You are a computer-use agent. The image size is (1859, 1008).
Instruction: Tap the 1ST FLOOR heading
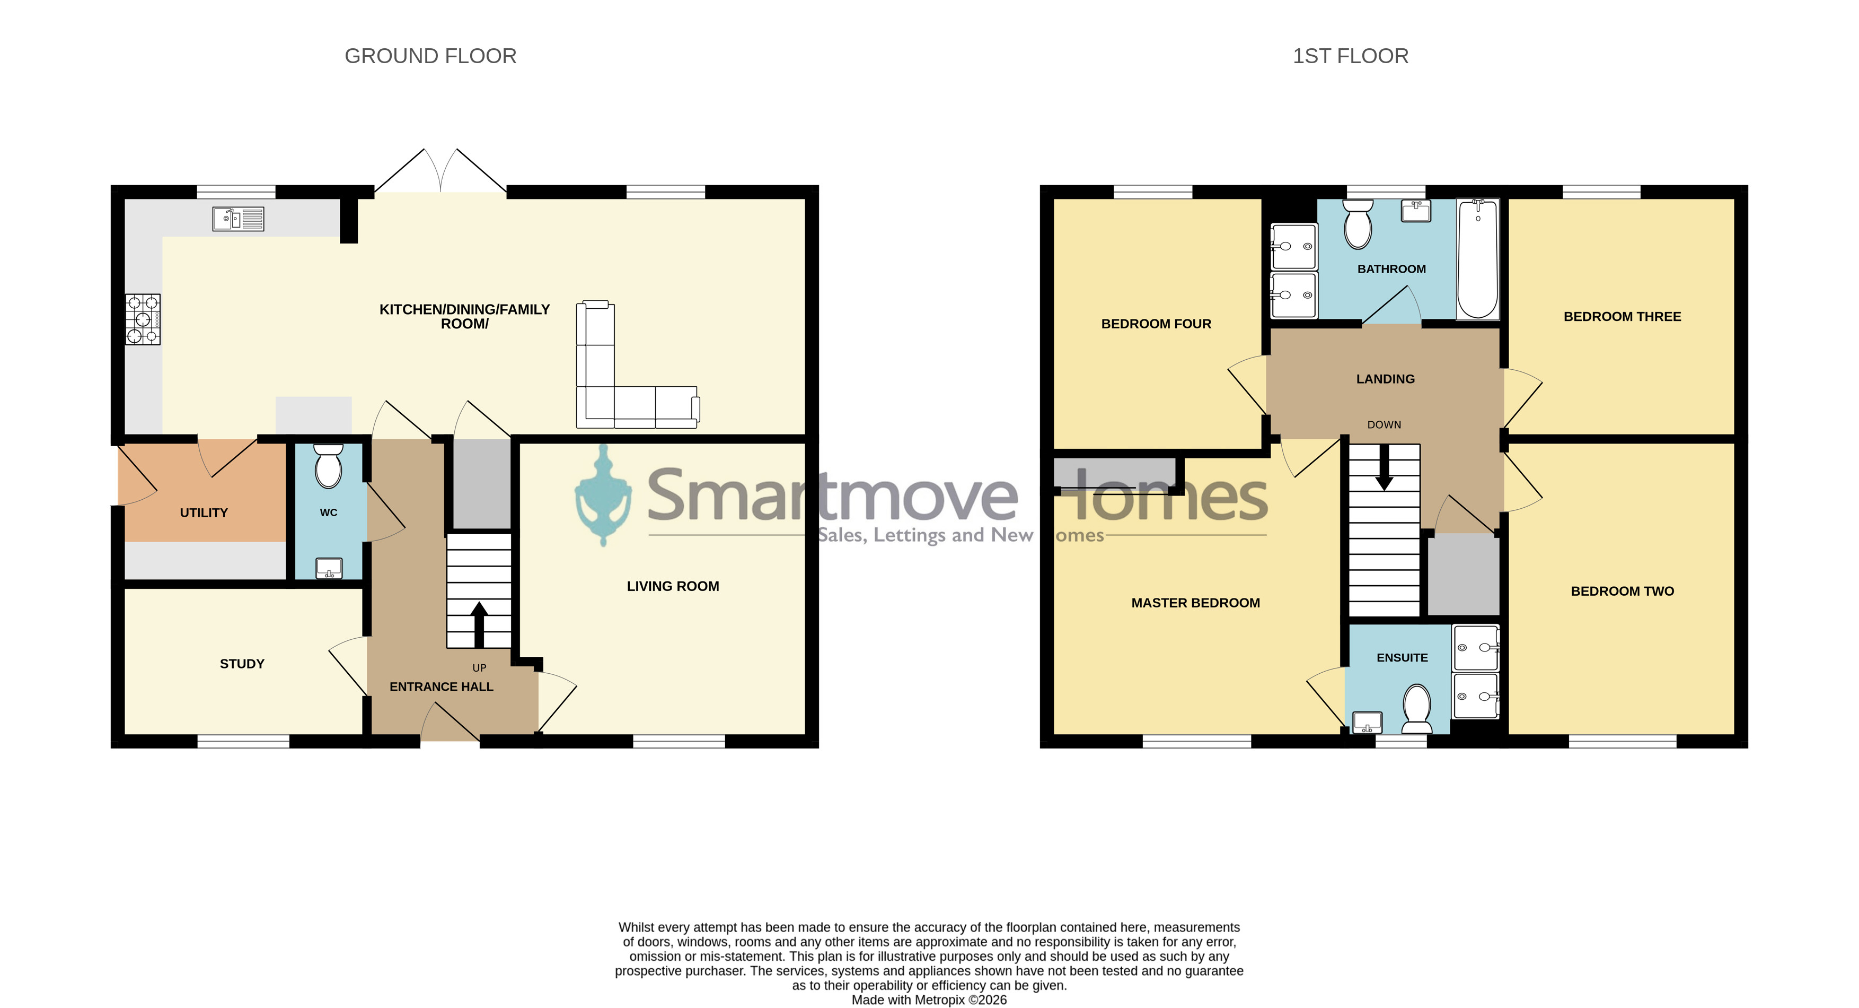pos(1350,56)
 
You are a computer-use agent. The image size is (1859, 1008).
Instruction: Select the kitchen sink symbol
pos(238,219)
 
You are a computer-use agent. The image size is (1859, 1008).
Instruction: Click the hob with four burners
pos(143,319)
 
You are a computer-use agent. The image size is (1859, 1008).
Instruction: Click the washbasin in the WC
pos(329,568)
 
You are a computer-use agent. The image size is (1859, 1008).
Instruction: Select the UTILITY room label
pos(204,512)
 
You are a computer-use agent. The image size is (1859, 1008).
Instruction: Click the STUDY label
pos(242,664)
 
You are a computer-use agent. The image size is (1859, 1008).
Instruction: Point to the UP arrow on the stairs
pos(479,624)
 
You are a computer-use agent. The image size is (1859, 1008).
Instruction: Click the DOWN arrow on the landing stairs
pos(1384,467)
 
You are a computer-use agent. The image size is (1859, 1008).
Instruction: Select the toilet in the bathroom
pos(1358,224)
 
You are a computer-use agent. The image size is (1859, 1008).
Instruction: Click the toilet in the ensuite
pos(1416,708)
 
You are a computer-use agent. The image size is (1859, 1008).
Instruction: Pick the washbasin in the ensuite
pos(1367,722)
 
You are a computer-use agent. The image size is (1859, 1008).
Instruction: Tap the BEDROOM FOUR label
pos(1156,324)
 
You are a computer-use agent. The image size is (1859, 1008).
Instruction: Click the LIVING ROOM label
pos(673,586)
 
